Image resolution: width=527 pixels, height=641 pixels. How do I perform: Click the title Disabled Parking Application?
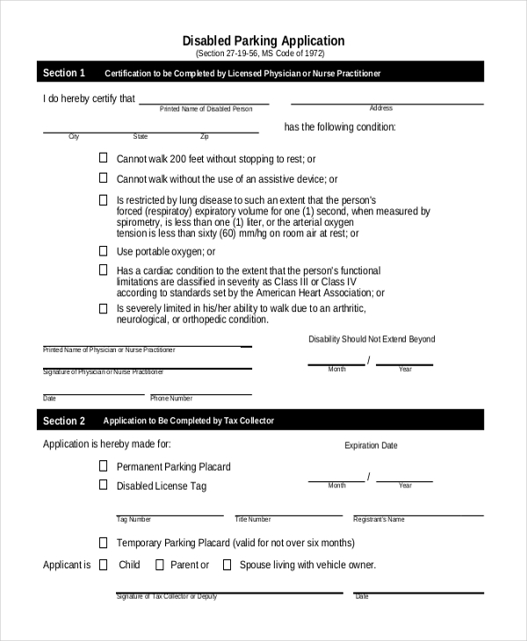click(x=263, y=40)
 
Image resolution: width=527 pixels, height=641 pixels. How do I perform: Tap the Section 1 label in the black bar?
click(x=64, y=73)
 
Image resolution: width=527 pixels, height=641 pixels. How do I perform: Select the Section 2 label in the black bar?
click(x=64, y=421)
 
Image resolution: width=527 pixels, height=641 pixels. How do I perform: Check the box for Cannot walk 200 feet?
click(x=103, y=158)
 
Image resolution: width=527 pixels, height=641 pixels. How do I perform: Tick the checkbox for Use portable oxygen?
click(x=103, y=251)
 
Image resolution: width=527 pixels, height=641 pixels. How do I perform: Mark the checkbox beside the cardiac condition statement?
click(x=103, y=270)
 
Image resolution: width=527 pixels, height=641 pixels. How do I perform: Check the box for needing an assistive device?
click(x=103, y=178)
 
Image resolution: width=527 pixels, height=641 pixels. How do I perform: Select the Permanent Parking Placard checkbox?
click(x=103, y=466)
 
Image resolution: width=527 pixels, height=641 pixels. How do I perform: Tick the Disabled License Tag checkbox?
click(x=103, y=485)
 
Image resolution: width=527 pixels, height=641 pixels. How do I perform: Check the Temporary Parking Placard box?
click(x=103, y=543)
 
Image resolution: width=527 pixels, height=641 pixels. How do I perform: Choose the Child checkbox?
click(x=103, y=565)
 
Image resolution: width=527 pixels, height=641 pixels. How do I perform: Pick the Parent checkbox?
click(x=159, y=565)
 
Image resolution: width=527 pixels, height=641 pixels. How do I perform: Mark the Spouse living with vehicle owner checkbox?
click(x=227, y=565)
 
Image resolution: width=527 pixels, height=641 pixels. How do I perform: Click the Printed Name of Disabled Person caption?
click(x=206, y=109)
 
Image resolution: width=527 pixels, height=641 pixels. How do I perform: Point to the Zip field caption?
click(x=205, y=137)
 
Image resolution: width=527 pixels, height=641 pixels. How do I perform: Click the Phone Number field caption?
click(x=171, y=399)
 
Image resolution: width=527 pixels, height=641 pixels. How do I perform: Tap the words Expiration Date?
click(x=371, y=446)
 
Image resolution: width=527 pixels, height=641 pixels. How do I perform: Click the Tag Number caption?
click(x=134, y=520)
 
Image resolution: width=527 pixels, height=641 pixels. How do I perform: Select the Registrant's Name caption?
click(x=379, y=520)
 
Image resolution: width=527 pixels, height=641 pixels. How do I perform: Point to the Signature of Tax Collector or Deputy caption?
click(x=166, y=596)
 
